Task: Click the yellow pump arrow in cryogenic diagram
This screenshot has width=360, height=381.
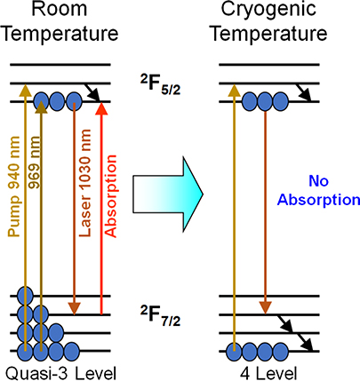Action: (x=235, y=213)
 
